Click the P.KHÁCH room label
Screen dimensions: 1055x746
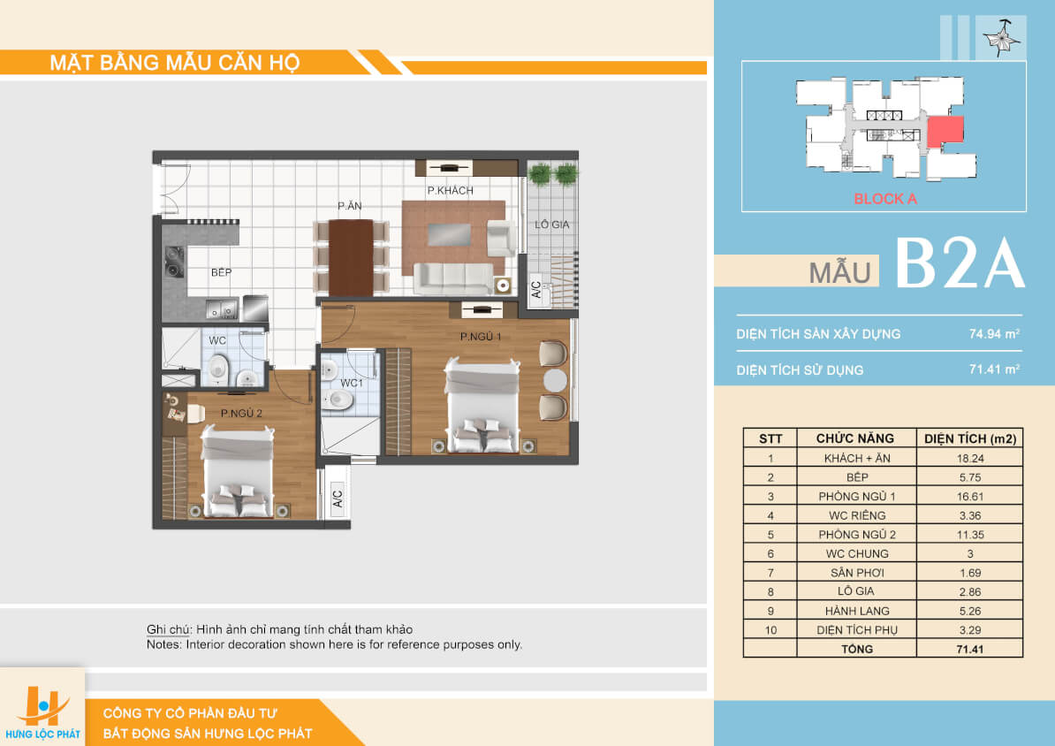(x=450, y=191)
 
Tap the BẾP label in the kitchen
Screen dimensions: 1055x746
(x=222, y=272)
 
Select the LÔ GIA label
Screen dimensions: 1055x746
(x=551, y=225)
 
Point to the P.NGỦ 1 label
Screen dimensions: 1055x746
(x=481, y=336)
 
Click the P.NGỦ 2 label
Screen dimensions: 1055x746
(x=241, y=413)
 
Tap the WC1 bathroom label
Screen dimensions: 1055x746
(x=351, y=383)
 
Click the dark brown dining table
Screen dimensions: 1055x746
(x=351, y=258)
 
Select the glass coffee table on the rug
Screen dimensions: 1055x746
(x=450, y=234)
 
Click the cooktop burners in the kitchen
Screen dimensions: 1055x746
(x=175, y=262)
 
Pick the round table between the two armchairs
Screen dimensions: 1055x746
(x=554, y=380)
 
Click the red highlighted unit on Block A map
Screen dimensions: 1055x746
(x=945, y=131)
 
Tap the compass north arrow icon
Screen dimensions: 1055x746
(x=1003, y=38)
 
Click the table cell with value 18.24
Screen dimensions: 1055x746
(x=969, y=458)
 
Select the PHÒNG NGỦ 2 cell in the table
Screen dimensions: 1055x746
(x=856, y=535)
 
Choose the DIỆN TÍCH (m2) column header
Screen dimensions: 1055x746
(x=969, y=438)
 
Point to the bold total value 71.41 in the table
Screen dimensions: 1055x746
(x=969, y=649)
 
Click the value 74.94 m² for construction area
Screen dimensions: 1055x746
(x=994, y=334)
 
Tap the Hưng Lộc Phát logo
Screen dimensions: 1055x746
(x=42, y=712)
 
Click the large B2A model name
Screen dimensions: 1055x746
(x=960, y=263)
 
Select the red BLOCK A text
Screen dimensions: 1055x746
(x=884, y=199)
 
